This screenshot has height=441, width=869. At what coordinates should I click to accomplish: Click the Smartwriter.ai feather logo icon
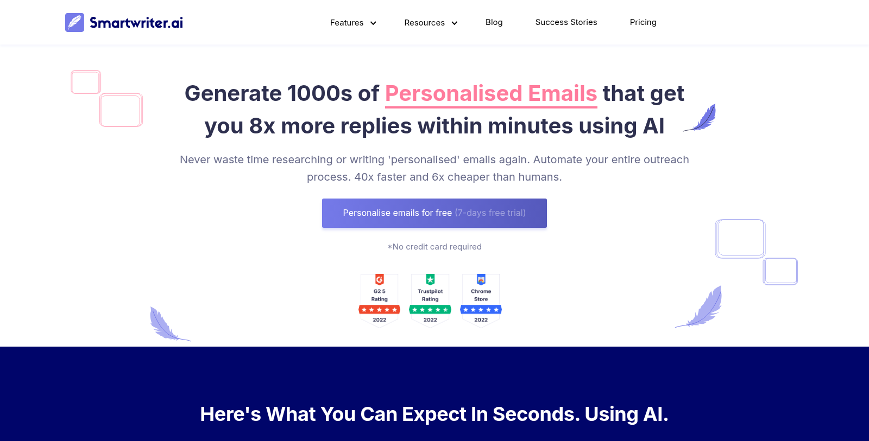click(x=74, y=22)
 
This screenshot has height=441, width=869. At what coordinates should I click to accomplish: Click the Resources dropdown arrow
click(x=454, y=23)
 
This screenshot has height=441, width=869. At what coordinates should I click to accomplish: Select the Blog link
click(x=494, y=22)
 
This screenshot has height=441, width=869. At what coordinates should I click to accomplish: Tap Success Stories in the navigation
click(x=566, y=22)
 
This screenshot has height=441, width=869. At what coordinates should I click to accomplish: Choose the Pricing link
click(x=643, y=22)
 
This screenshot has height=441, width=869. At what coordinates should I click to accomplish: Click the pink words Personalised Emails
click(x=491, y=94)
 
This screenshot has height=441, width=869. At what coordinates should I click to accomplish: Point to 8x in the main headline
click(x=262, y=126)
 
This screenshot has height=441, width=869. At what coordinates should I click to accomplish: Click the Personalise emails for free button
click(x=434, y=213)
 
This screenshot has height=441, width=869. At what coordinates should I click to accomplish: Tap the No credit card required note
click(x=434, y=247)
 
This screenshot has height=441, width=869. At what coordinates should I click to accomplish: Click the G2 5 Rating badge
click(x=380, y=301)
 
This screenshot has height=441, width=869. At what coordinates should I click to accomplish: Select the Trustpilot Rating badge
click(x=430, y=301)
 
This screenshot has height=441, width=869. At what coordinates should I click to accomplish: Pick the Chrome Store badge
click(x=481, y=301)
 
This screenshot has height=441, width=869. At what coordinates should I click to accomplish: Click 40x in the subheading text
click(x=364, y=177)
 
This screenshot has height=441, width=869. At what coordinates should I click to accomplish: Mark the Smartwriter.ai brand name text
click(x=136, y=23)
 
